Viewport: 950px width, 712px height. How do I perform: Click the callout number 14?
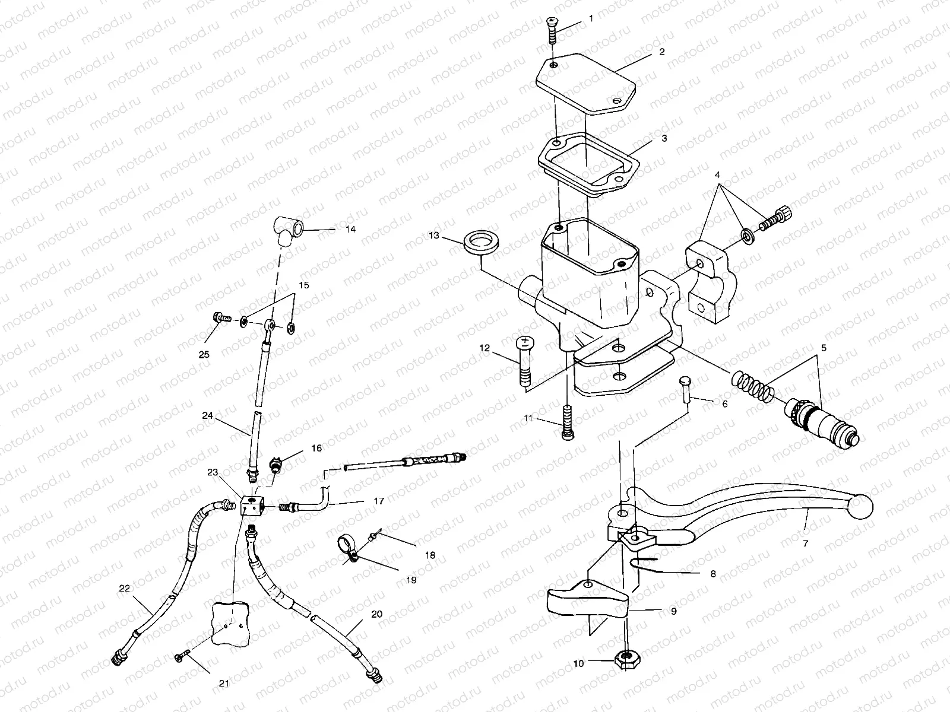point(350,229)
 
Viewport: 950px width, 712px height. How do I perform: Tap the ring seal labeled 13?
point(482,244)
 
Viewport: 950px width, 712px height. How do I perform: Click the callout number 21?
point(224,684)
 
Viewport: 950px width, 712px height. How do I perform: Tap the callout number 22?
point(123,588)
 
